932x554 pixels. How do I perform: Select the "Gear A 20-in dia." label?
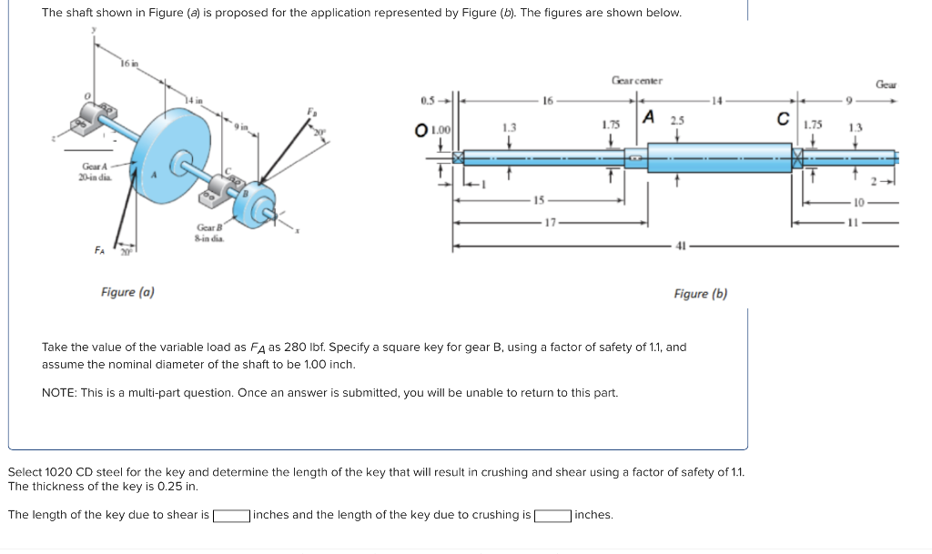coord(95,171)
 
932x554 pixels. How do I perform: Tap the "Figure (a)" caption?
coord(127,292)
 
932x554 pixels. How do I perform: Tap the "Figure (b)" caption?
coord(700,293)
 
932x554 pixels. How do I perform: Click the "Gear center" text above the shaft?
coord(637,81)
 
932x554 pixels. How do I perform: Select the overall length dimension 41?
coord(680,246)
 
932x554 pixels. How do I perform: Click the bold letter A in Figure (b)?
coord(649,116)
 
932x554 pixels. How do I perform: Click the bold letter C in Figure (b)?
coord(782,117)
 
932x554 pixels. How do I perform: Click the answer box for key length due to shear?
coord(232,516)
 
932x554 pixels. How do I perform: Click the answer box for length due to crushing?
coord(552,516)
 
